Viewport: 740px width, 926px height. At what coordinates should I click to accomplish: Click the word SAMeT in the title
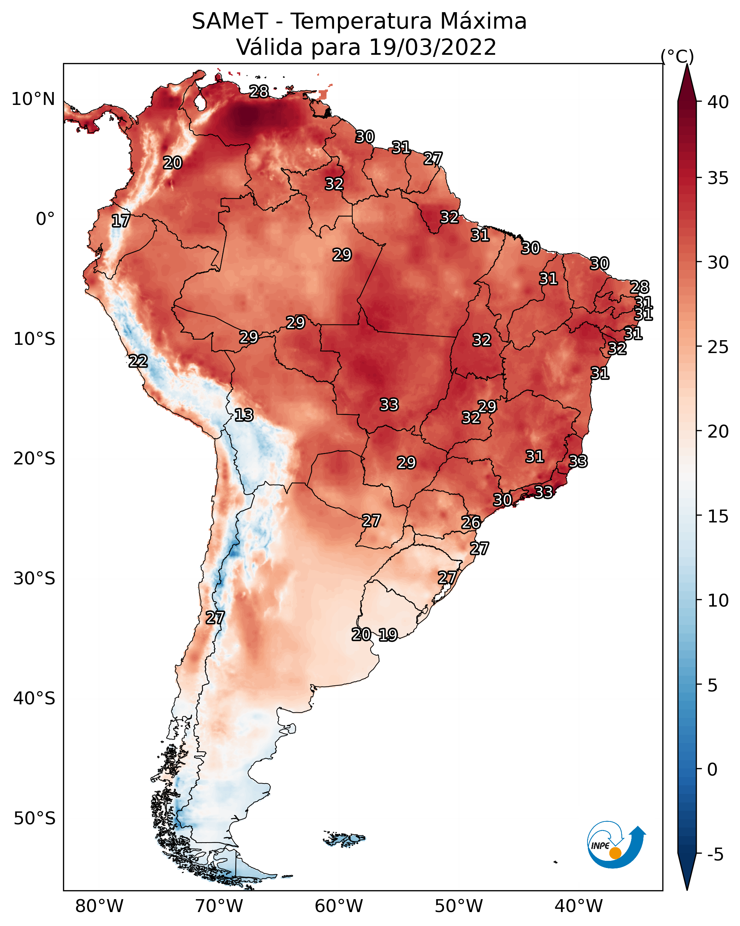click(x=230, y=21)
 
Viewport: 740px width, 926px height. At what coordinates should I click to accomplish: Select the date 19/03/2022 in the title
click(x=432, y=47)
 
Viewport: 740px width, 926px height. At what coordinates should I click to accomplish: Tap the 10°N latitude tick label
click(x=33, y=99)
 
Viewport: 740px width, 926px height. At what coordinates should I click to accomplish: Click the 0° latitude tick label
click(x=45, y=219)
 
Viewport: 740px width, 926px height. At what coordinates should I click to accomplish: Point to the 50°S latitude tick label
click(x=34, y=818)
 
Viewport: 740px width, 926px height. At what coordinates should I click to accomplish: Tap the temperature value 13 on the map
click(x=244, y=415)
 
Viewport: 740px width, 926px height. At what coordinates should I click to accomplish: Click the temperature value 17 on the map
click(x=121, y=221)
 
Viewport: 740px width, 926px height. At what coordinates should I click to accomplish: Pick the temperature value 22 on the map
click(x=138, y=361)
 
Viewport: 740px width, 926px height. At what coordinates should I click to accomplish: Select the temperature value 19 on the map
click(x=388, y=635)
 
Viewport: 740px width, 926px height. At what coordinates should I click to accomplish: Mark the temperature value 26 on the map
click(x=471, y=522)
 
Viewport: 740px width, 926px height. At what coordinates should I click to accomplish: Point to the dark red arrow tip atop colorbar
click(x=687, y=65)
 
